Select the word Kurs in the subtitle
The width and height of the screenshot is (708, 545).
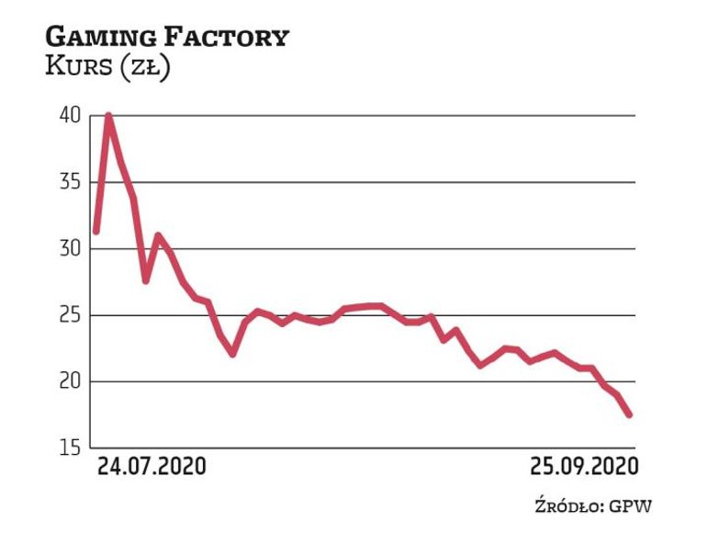[x=75, y=68]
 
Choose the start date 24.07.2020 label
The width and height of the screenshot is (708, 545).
[x=152, y=466]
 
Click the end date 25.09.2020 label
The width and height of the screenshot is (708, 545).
[x=582, y=466]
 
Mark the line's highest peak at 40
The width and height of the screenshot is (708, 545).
[x=109, y=116]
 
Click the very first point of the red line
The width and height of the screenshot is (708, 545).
[x=96, y=232]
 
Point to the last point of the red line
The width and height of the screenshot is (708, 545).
[x=630, y=414]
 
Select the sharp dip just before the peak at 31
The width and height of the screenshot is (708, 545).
[x=145, y=280]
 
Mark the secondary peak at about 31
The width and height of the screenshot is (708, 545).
[x=158, y=235]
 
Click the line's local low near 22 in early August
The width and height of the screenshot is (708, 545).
[x=233, y=353]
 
